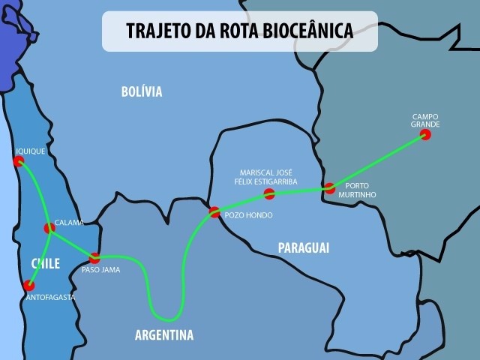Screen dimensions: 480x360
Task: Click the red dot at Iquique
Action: [x=19, y=160]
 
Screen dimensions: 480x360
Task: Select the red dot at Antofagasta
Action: [x=29, y=285]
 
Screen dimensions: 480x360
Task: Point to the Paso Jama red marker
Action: [x=94, y=258]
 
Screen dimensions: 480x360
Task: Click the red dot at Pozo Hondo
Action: [x=214, y=211]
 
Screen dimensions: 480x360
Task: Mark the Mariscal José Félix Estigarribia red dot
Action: [x=269, y=194]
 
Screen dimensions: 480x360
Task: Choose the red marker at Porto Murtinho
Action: [x=329, y=187]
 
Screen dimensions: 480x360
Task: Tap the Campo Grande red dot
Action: [x=425, y=134]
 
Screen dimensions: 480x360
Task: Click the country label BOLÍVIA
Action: [x=141, y=91]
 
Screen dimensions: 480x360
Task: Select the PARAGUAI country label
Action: [x=303, y=247]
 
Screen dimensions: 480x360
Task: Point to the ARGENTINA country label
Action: [x=164, y=334]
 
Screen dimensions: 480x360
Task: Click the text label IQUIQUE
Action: [x=31, y=151]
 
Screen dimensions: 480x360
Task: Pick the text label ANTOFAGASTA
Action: [x=49, y=298]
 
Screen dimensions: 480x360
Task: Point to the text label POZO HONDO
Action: [x=248, y=215]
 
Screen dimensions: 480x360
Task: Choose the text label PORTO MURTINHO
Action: [x=361, y=190]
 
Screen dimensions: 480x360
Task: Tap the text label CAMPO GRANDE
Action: [x=425, y=120]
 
